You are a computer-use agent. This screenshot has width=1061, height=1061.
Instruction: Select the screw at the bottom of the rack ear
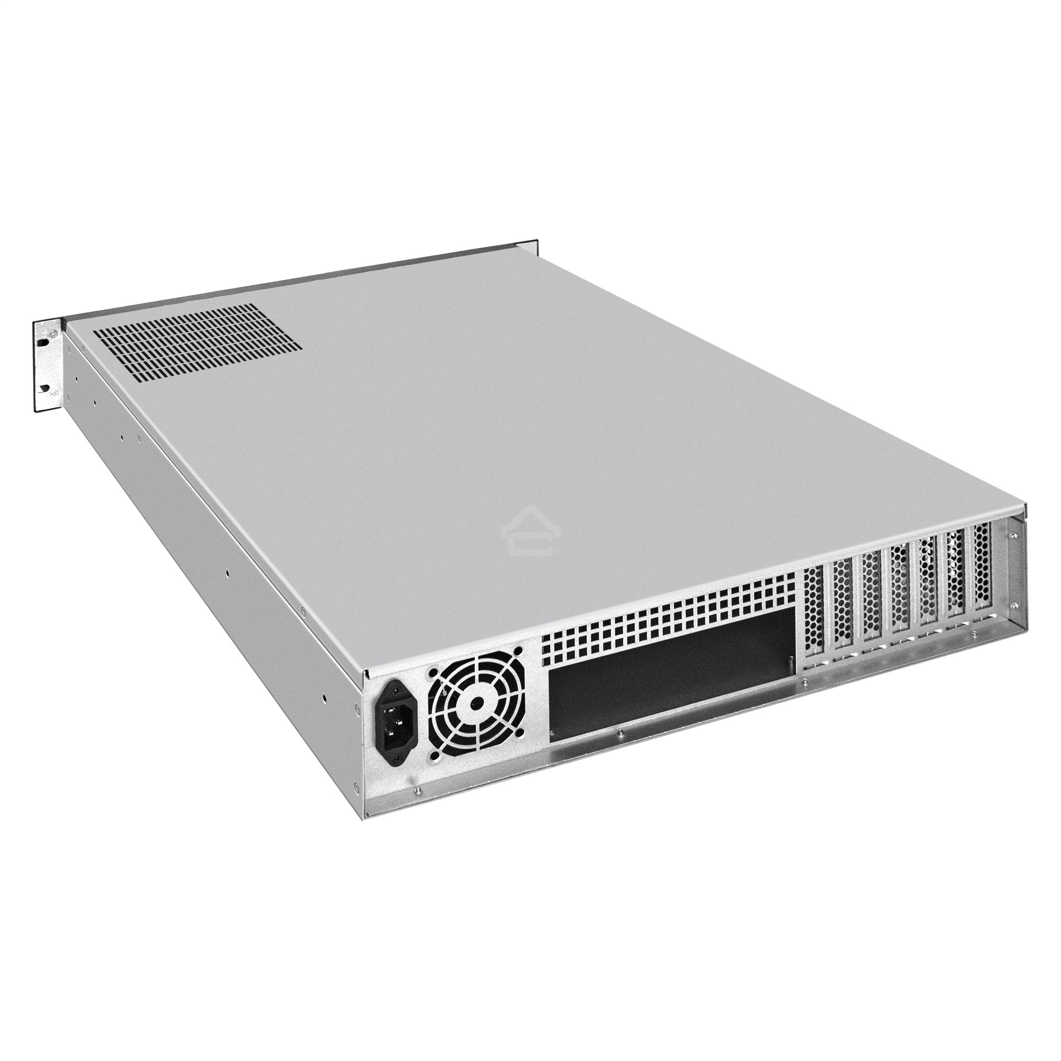pyautogui.click(x=51, y=393)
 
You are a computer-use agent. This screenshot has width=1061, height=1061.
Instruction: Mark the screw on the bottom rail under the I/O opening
pyautogui.click(x=619, y=733)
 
